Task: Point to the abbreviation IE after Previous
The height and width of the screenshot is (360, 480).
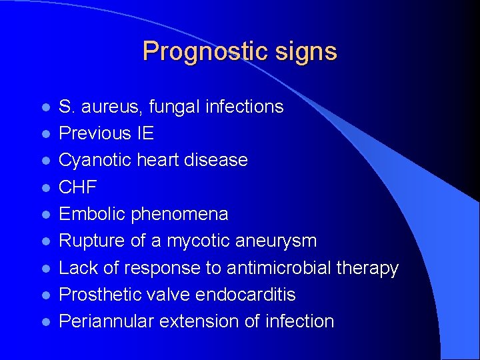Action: click(145, 133)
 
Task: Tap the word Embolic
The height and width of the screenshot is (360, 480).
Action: click(92, 214)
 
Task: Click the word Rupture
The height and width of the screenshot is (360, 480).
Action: click(91, 241)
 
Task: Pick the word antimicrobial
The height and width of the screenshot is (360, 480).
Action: click(281, 268)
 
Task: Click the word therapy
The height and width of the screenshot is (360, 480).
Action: click(370, 268)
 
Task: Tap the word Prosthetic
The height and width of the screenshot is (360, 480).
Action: click(98, 295)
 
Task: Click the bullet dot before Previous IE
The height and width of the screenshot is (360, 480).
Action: click(45, 134)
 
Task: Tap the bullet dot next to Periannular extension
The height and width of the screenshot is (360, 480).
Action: click(45, 322)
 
